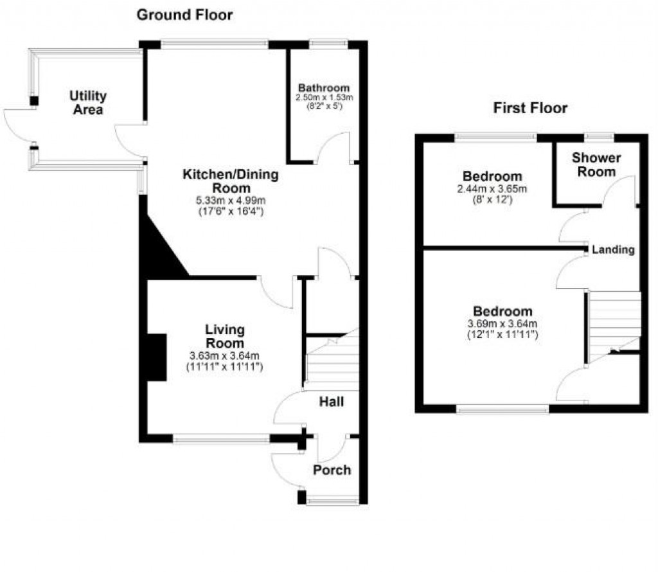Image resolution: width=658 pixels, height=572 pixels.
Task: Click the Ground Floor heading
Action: (x=184, y=14)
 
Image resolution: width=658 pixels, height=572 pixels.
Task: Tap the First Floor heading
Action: (x=530, y=108)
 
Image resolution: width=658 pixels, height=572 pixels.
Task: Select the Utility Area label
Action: (x=88, y=103)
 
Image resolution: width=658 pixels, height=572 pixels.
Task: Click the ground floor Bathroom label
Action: (x=324, y=88)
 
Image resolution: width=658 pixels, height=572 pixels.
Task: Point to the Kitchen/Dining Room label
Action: (x=231, y=181)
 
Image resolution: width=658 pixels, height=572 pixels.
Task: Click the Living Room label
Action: (x=224, y=336)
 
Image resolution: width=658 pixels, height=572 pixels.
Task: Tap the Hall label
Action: (x=332, y=402)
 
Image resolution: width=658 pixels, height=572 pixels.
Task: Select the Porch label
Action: (x=332, y=470)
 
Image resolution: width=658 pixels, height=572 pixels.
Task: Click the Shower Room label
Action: (x=596, y=165)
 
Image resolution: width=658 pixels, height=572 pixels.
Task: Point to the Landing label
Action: (x=613, y=249)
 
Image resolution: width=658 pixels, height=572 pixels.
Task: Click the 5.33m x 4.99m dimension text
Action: (x=231, y=201)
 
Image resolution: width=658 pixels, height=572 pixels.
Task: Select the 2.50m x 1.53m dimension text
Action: (x=324, y=98)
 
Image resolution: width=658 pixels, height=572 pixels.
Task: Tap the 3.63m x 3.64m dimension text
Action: (x=224, y=356)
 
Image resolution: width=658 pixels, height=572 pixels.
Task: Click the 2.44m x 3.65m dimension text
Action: (x=492, y=189)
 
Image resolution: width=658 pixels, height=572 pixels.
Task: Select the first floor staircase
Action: (x=615, y=321)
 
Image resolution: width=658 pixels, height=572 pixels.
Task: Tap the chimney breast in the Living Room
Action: (x=156, y=357)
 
